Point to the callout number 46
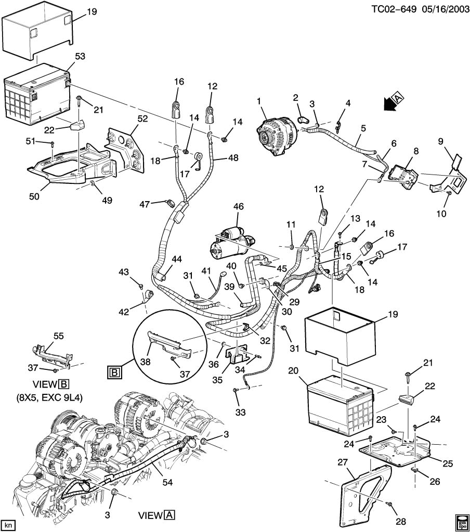[x=238, y=207]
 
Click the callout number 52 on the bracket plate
[x=142, y=118]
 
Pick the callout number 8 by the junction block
[x=415, y=151]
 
